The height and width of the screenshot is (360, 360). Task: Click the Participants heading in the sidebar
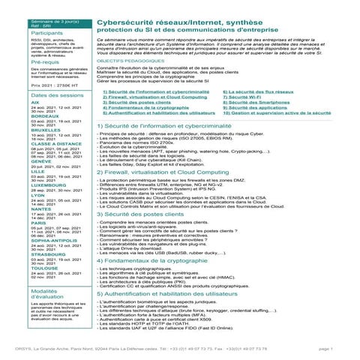46,34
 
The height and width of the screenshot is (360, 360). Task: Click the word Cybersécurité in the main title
125,23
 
